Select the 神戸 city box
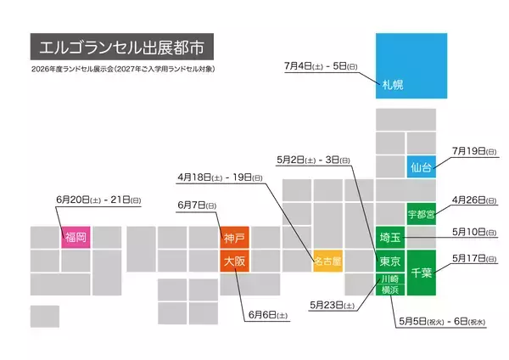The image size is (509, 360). (234, 238)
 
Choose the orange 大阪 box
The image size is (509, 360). (234, 262)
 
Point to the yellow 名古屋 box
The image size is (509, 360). (327, 262)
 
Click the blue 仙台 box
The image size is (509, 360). (422, 167)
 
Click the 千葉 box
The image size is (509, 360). (422, 273)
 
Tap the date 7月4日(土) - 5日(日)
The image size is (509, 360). (322, 65)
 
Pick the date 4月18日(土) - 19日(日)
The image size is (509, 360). (221, 177)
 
